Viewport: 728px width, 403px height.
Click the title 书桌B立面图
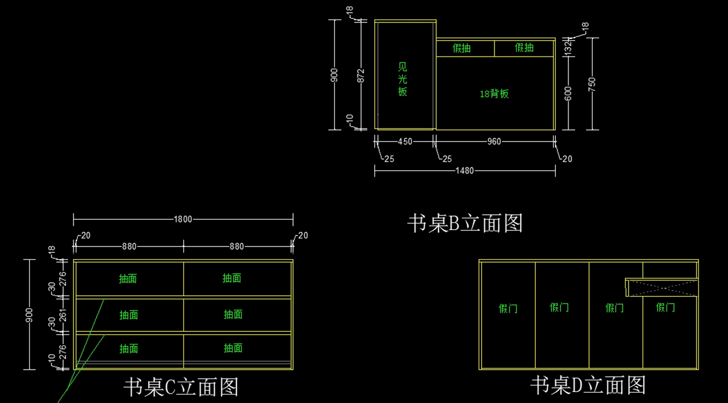(x=465, y=223)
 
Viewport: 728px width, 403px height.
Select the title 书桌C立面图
(x=181, y=387)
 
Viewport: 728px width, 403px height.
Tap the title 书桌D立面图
(x=588, y=385)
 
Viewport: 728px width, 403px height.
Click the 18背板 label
(x=494, y=94)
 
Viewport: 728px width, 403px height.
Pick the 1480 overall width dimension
(x=465, y=171)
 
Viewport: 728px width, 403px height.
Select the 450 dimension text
(x=405, y=141)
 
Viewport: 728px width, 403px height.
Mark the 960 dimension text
(x=494, y=141)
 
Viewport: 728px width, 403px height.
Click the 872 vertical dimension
(x=361, y=76)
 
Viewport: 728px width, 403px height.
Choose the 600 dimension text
(x=568, y=93)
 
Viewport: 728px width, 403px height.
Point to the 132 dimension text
(x=568, y=47)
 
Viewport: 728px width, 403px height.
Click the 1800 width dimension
(x=183, y=219)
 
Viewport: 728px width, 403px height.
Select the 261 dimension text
(x=52, y=314)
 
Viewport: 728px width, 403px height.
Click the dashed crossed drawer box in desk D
(x=661, y=288)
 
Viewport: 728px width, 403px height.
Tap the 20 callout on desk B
(x=567, y=159)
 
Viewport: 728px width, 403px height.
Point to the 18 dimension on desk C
(x=52, y=250)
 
